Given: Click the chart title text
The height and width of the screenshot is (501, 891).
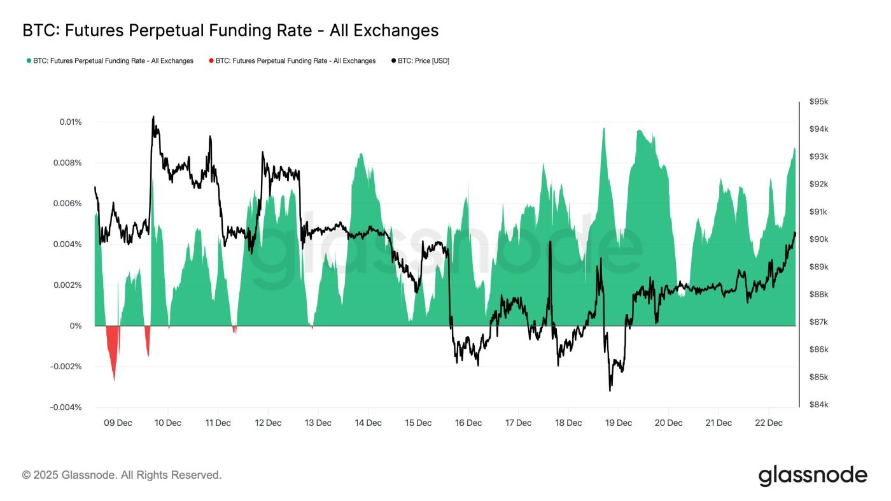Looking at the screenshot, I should click(x=230, y=30).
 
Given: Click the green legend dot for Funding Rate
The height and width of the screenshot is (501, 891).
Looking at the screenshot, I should click(x=29, y=61).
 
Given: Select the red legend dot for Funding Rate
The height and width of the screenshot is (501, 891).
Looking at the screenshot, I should click(x=211, y=61).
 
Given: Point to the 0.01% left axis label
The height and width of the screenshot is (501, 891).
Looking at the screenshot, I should click(x=66, y=122).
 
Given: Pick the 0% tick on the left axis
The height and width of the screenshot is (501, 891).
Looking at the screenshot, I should click(x=75, y=326).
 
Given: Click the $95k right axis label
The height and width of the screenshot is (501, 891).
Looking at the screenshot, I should click(x=818, y=102).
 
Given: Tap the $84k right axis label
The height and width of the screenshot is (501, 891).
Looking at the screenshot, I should click(x=818, y=405).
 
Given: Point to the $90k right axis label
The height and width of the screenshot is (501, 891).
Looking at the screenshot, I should click(x=818, y=239).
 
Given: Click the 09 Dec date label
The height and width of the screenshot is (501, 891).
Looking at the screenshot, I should click(x=117, y=423).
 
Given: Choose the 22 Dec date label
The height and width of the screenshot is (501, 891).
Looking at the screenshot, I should click(x=768, y=423).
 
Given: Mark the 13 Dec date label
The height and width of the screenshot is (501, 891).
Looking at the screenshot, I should click(x=318, y=423).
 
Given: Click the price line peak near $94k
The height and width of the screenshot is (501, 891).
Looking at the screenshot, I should click(x=153, y=118).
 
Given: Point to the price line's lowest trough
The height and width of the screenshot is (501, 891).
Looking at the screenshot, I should click(x=610, y=390).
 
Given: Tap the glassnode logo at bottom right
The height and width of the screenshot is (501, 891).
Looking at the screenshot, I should click(x=813, y=476).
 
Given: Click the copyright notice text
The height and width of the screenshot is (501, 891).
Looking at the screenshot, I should click(x=122, y=475).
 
